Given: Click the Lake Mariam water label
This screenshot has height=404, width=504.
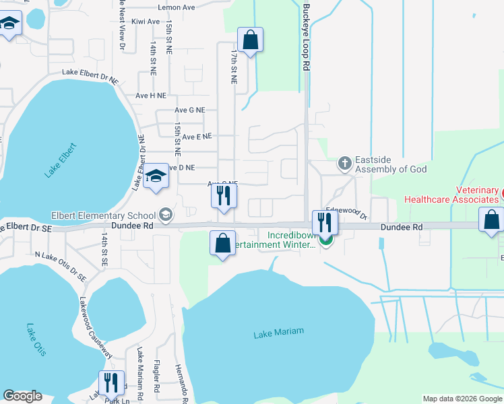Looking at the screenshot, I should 279,332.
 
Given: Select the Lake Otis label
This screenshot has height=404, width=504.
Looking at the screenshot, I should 35,340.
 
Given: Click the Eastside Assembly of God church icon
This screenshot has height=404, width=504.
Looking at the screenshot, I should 344,164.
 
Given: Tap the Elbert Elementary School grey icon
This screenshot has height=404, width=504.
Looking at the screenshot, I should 166,215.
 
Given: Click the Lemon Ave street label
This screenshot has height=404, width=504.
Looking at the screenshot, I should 176,7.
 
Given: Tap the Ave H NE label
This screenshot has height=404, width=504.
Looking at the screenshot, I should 150,96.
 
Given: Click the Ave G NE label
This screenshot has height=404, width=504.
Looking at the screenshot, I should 189,110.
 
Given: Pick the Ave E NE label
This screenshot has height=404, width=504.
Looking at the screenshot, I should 197,136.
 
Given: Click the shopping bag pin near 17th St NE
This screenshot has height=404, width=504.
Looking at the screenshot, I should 250,40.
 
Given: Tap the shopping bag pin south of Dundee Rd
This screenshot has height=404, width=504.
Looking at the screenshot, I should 222,243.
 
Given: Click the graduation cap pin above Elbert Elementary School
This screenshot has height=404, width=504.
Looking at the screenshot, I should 156,177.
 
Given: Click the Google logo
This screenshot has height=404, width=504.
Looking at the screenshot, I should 23,396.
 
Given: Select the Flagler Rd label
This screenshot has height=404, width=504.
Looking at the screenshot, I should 156,378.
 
